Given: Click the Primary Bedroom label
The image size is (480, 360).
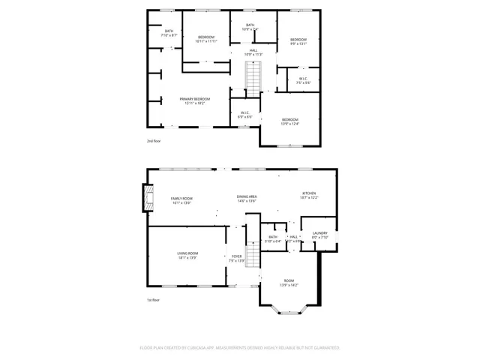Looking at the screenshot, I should coord(194,100).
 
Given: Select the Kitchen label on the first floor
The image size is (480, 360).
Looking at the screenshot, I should coord(309,195).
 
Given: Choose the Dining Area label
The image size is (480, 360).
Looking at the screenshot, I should coord(247,199).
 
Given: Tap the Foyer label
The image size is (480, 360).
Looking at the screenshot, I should coord(236,259).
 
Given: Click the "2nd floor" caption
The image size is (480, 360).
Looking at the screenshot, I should coord(154,140).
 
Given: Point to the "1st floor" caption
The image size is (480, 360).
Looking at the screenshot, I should coord(153,300).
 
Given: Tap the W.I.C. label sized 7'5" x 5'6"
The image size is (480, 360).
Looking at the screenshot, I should coord(303,80).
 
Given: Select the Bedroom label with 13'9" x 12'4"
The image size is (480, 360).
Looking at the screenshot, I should coord(290,121).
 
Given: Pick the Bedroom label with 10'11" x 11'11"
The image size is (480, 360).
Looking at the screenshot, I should coord(206,39).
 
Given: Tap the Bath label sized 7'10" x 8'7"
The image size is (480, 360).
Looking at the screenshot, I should coord(169,33).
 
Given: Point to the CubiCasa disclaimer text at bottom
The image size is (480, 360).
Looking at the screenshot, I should coord(240,348).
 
